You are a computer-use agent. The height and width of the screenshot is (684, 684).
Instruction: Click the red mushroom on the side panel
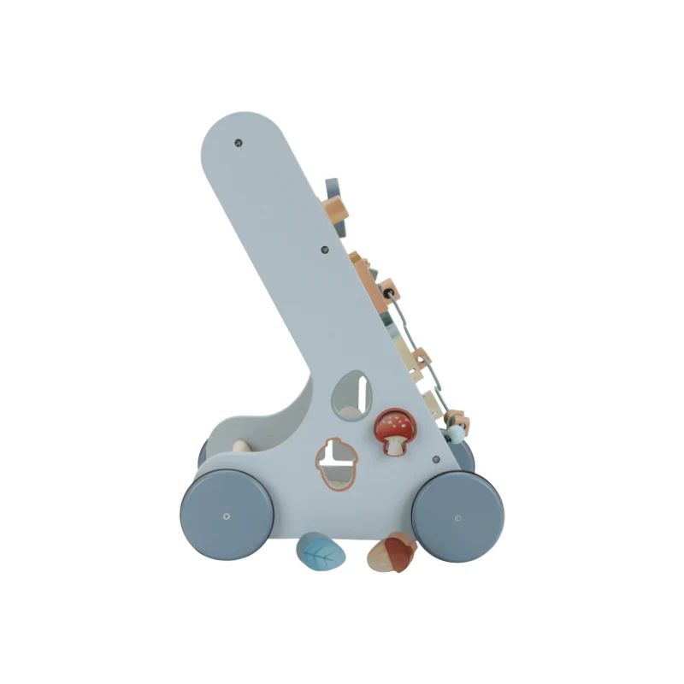point(392,430)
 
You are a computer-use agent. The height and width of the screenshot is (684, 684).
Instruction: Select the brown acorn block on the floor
point(392,553)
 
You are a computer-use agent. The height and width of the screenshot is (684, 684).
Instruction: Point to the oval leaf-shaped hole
point(355,391)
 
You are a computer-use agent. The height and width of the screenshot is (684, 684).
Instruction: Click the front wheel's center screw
point(457,516)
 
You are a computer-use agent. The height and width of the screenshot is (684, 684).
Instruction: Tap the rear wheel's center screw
point(226,516)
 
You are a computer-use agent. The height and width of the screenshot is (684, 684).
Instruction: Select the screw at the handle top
point(239,143)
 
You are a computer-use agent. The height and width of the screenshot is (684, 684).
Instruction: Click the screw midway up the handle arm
point(324,251)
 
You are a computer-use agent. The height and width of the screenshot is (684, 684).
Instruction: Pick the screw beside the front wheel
point(436,459)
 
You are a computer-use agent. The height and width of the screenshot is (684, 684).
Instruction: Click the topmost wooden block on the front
point(334,206)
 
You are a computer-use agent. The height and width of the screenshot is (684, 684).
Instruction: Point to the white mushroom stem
point(393,445)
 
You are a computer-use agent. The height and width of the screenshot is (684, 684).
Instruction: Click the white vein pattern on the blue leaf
point(321,555)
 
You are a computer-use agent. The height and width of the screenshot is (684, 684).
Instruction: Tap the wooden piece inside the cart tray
point(240,445)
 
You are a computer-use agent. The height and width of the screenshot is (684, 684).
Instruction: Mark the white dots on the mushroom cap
point(391,420)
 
